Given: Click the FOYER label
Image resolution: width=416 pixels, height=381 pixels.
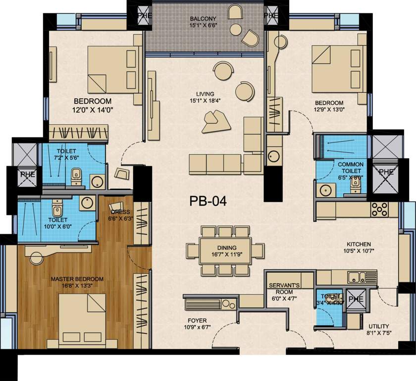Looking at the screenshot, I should point(197,320).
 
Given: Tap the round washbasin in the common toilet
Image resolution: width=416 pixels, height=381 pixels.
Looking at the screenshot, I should point(325,190).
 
